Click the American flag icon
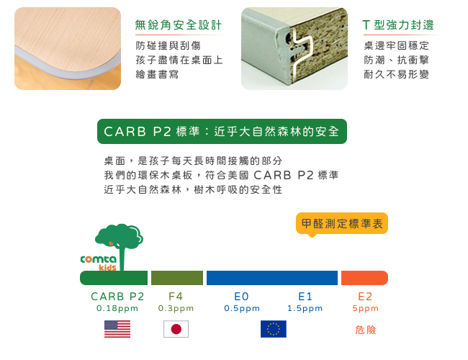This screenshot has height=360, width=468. pyautogui.click(x=117, y=329)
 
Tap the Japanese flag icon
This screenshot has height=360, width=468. pyautogui.click(x=176, y=329)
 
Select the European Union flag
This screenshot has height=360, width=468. pyautogui.click(x=274, y=329)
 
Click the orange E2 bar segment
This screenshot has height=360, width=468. pyautogui.click(x=364, y=278)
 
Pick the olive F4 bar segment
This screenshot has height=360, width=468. pyautogui.click(x=177, y=278)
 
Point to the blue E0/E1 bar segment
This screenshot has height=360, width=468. pyautogui.click(x=272, y=278)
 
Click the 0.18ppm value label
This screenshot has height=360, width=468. pyautogui.click(x=117, y=308)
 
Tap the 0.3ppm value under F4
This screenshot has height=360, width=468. pyautogui.click(x=176, y=308)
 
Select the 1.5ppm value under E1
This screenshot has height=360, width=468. pyautogui.click(x=305, y=308)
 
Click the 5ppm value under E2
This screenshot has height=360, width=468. pyautogui.click(x=365, y=308)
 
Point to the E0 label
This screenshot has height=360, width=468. pyautogui.click(x=241, y=297)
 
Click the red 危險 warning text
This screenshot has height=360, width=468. pyautogui.click(x=366, y=330)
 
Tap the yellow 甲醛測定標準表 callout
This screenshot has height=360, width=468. pyautogui.click(x=342, y=224)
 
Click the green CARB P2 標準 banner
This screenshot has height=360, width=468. pyautogui.click(x=222, y=131)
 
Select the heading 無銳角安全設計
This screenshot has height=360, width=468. pyautogui.click(x=178, y=25)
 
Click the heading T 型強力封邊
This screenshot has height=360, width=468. pyautogui.click(x=398, y=25)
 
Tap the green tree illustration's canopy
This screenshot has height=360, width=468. pyautogui.click(x=120, y=236)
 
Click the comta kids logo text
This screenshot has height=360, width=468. pyautogui.click(x=99, y=262)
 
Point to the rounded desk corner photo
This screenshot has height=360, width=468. pyautogui.click(x=68, y=48)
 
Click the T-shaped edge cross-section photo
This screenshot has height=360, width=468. pyautogui.click(x=294, y=48)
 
